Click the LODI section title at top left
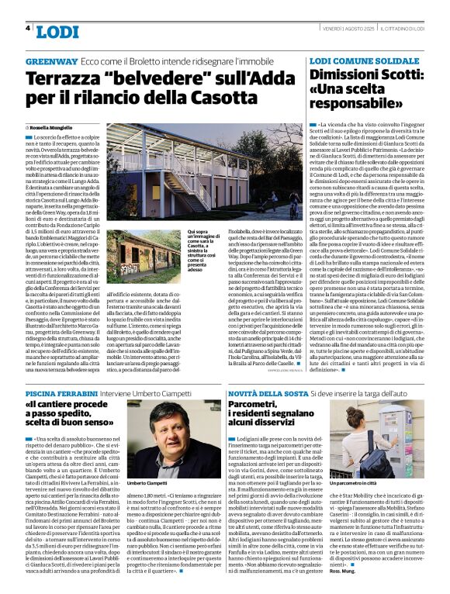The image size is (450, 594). [x=57, y=32]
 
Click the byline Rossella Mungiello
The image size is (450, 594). [x=55, y=126]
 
